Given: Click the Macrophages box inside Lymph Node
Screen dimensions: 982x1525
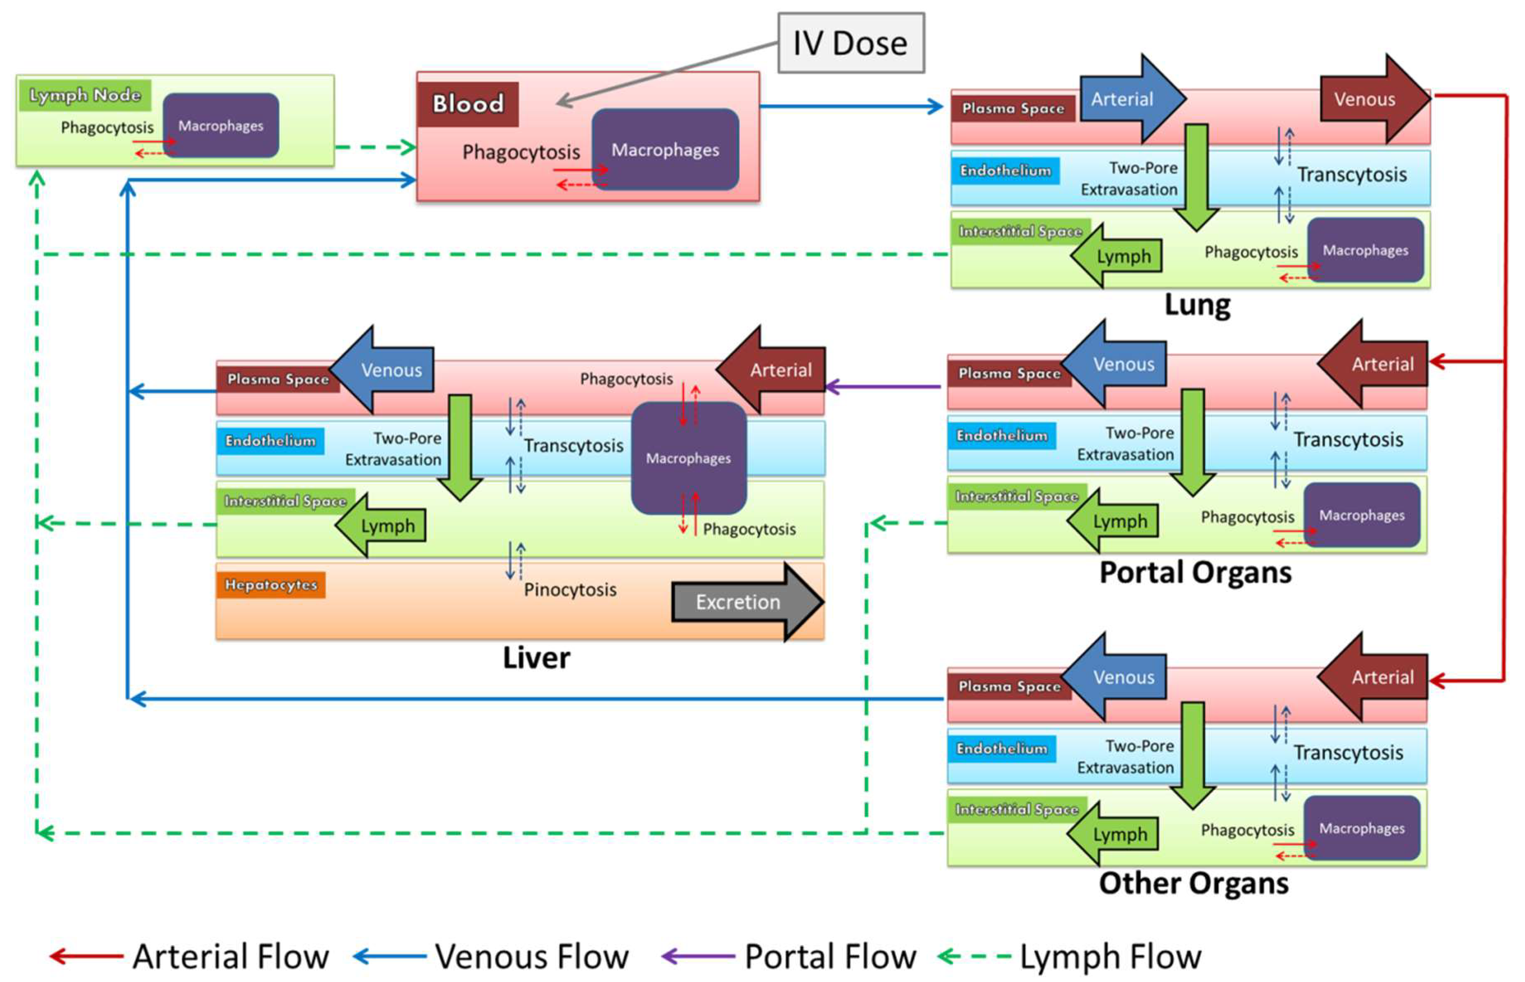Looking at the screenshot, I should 221,126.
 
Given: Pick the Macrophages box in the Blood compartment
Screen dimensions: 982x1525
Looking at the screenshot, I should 665,150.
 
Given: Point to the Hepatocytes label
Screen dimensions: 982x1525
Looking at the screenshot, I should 270,585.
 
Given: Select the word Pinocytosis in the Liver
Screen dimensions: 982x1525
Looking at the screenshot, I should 569,590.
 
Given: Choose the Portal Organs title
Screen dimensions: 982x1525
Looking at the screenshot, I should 1194,572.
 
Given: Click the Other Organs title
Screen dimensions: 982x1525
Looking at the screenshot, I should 1193,884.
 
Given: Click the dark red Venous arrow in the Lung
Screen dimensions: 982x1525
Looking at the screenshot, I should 1371,99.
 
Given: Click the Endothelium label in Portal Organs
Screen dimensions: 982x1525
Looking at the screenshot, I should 1001,436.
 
